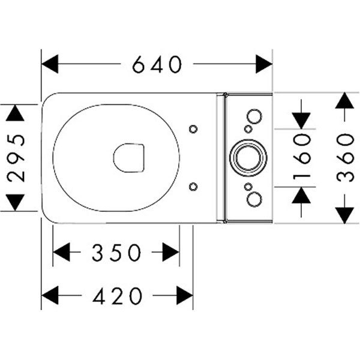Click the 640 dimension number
coord(157,64)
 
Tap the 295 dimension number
coord(17,157)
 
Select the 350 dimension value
coord(116,253)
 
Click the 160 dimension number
coord(302,157)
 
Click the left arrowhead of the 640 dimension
coord(49,64)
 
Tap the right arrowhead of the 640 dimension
coord(264,64)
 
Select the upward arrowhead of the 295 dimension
coord(17,112)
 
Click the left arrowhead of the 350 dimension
coord(62,253)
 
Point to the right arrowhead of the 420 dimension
coord(184,295)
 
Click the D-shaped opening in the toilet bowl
coord(128,158)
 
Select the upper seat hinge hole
coord(193,129)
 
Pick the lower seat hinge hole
coord(193,187)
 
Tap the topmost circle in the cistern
coord(254,116)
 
